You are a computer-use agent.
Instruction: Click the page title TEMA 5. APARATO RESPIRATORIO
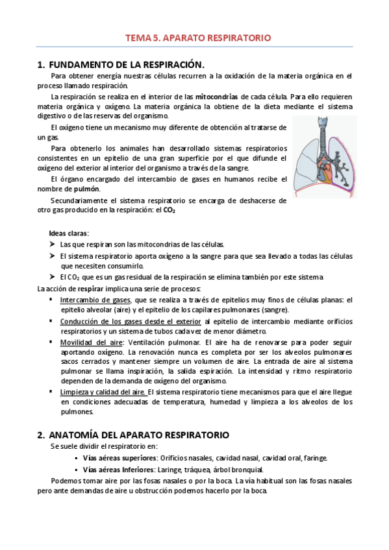[x=197, y=38]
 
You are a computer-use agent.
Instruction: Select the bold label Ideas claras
[x=69, y=233]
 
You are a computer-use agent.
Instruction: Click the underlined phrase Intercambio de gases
[x=95, y=300]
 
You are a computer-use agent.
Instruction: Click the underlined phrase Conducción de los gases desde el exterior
[x=131, y=321]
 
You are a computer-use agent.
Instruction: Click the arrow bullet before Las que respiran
[x=52, y=245]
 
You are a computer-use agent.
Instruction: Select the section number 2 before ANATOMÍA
[x=40, y=435]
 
